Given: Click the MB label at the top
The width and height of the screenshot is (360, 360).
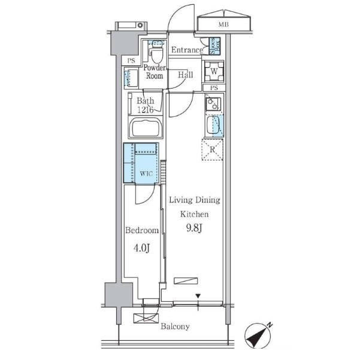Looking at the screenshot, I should [x=223, y=25].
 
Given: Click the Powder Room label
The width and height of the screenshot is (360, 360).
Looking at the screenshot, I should [x=155, y=72].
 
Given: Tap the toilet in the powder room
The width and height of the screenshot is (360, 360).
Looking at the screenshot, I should [x=156, y=52].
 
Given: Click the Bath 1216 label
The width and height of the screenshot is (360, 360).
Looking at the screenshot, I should [x=144, y=105].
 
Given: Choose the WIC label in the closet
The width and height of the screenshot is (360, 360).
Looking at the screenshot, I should [x=146, y=174].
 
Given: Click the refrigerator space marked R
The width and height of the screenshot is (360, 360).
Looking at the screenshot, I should [x=211, y=149].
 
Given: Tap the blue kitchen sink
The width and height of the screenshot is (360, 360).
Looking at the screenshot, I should [x=214, y=126].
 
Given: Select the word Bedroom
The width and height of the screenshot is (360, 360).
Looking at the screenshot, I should [x=143, y=230].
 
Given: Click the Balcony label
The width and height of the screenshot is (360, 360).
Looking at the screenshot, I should [x=174, y=326].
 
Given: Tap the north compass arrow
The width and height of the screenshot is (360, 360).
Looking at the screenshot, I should [x=259, y=336].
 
